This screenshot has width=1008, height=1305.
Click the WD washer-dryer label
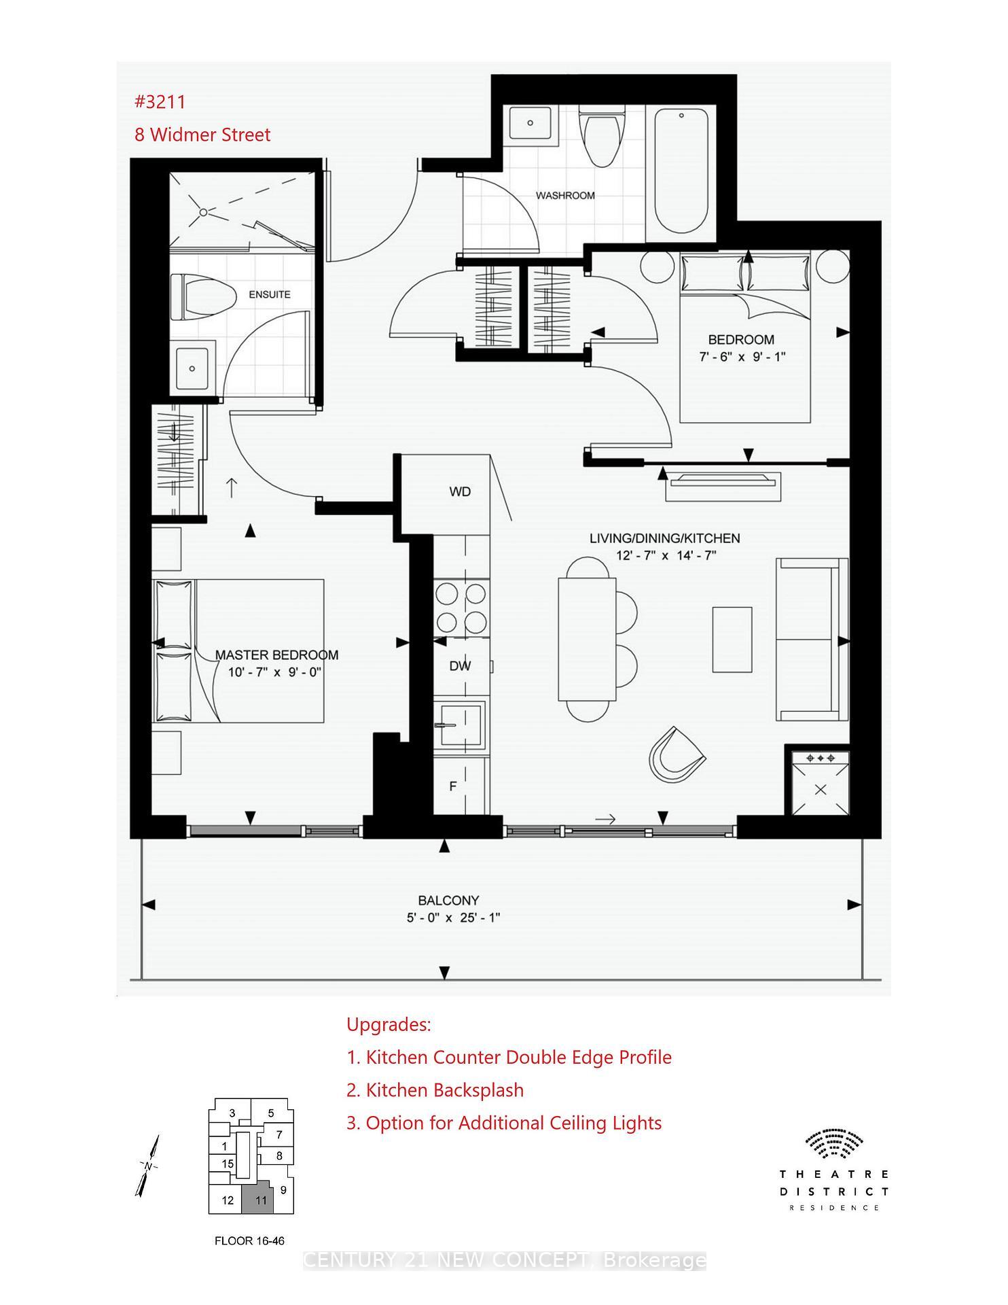point(460,492)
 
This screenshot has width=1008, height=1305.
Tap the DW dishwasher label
point(460,667)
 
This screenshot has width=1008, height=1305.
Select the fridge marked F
point(453,786)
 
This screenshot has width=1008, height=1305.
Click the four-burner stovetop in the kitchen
point(461,608)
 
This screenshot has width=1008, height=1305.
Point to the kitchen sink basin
point(461,726)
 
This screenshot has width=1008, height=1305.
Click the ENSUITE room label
point(270,295)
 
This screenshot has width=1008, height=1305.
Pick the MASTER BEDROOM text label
point(276,655)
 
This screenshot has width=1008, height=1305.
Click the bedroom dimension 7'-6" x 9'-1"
point(742,357)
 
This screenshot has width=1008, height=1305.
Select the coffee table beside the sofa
point(732,640)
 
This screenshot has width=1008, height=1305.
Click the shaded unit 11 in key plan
point(260,1201)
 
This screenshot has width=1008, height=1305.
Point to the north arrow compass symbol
point(149,1166)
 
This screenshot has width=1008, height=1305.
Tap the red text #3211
point(160,102)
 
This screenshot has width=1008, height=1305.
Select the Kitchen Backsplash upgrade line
point(435,1090)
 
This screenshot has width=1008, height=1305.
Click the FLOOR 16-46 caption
point(249,1241)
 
